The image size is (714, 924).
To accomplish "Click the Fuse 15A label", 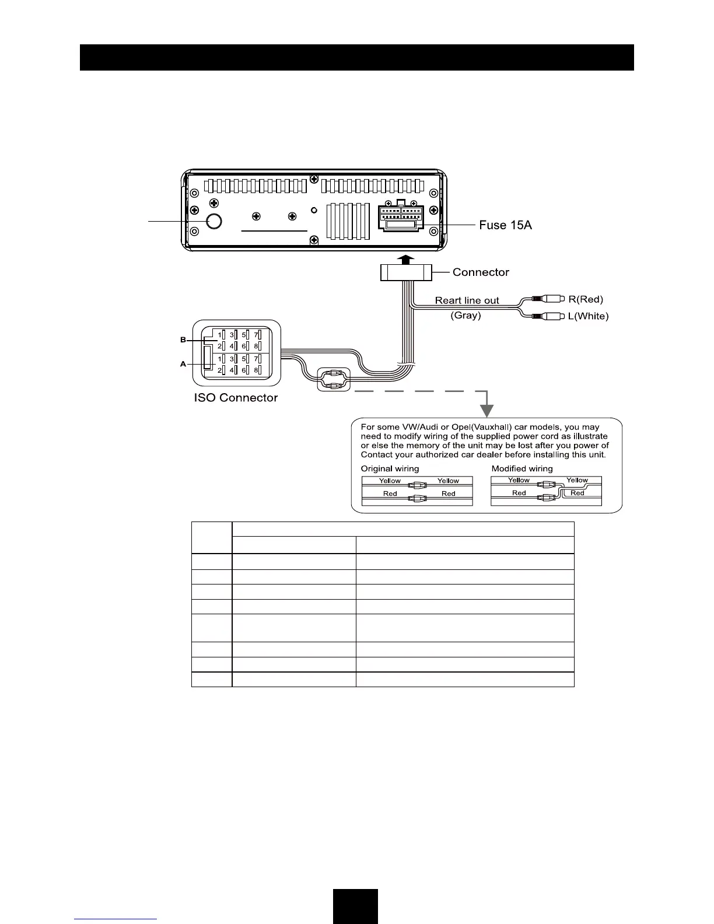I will tap(505, 225).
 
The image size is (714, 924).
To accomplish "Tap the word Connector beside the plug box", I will tap(481, 272).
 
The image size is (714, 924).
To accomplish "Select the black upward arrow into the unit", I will tap(407, 259).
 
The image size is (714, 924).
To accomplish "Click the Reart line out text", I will tap(467, 300).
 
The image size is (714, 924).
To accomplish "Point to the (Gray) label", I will tap(466, 316).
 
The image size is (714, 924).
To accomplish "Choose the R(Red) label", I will tap(586, 299).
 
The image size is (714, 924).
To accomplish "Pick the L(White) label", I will tap(588, 316).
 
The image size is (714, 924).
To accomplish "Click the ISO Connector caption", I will tap(236, 398).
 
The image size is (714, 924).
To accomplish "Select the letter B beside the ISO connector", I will tap(183, 339).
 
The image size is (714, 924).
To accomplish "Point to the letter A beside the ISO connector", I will tap(183, 364).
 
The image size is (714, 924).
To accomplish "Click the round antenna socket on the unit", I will tap(215, 222).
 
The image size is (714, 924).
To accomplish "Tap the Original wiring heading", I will tap(390, 468).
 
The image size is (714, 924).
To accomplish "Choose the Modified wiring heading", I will tap(522, 468).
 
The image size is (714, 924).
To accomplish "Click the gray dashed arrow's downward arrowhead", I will tap(486, 411).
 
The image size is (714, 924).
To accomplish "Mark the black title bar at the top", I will tap(356, 57).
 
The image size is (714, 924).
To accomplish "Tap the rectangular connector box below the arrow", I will tap(405, 272).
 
